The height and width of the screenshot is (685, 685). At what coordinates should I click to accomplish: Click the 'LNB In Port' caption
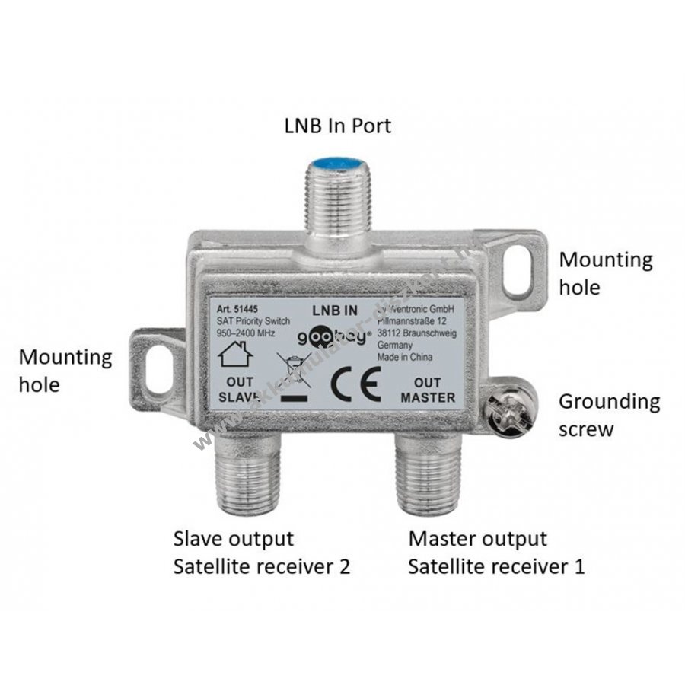pos(337,125)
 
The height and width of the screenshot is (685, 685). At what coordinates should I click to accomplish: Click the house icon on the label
pos(237,355)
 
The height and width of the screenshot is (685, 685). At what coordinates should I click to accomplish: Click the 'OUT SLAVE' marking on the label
pos(239,389)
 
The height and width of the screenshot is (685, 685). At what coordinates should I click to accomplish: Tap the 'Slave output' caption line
pos(233,539)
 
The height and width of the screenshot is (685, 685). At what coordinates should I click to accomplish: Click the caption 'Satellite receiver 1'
pos(496,566)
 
